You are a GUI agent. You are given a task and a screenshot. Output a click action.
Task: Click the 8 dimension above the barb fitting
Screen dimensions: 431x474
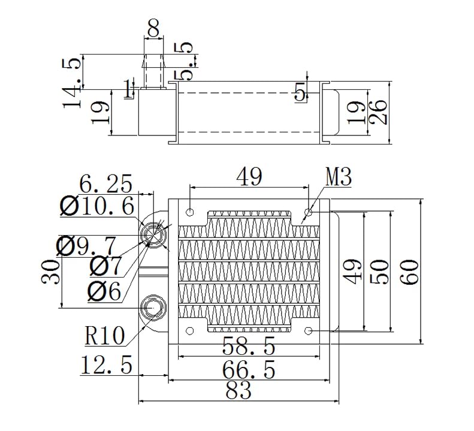155,28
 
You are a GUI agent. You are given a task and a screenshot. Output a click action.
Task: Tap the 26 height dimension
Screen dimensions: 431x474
378,112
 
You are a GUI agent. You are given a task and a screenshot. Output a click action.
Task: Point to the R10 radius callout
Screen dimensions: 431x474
105,336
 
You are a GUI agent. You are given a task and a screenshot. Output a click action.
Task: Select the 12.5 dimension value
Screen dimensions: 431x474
105,364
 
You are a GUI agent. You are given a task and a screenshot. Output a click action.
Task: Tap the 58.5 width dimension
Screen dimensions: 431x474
248,346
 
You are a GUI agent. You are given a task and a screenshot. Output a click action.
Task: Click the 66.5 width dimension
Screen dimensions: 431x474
248,369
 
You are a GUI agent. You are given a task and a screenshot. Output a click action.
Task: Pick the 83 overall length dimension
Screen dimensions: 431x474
238,391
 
